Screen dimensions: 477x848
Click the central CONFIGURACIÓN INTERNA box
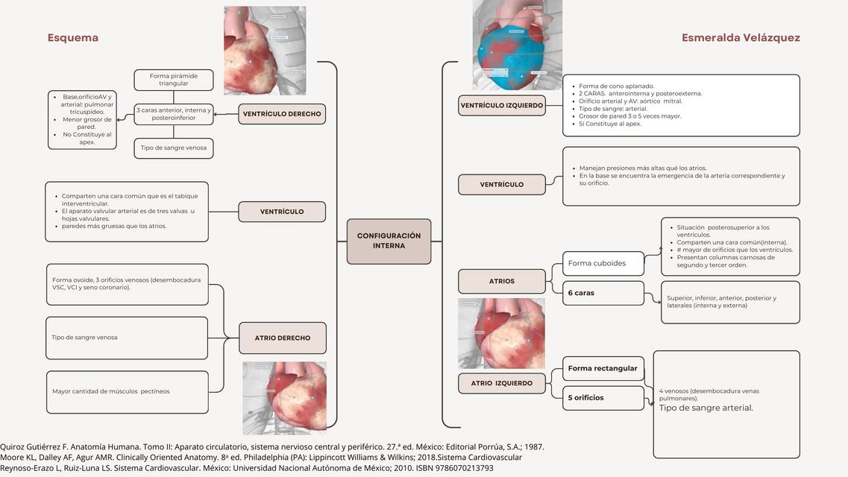coord(389,241)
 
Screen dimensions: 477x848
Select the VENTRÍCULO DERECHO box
coord(282,114)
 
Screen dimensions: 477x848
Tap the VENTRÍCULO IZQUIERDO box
coord(502,106)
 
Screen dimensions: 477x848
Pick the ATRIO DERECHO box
coord(282,338)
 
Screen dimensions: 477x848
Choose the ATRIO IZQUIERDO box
coord(502,383)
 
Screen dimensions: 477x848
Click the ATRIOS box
coord(502,281)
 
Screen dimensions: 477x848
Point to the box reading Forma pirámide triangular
coord(174,80)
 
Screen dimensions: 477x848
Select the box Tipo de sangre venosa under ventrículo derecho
coord(174,148)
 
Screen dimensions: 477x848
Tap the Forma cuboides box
coord(603,263)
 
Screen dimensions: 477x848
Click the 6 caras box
coord(603,293)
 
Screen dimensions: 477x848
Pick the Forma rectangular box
coord(603,368)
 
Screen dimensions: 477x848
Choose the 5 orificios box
coord(603,398)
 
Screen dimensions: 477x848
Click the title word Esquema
coord(73,38)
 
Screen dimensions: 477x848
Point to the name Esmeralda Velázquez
coord(741,38)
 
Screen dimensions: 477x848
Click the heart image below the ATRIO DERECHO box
coord(284,397)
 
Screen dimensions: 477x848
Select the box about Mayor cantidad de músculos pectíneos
coord(127,391)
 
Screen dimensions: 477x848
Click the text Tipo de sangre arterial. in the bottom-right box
coord(706,408)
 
